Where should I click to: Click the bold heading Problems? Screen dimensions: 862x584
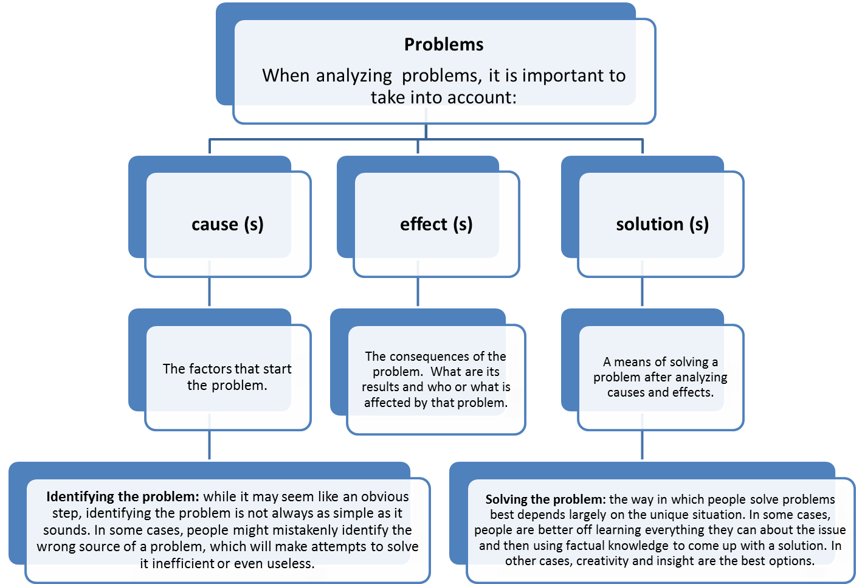pos(444,44)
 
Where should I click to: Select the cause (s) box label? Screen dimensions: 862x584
pos(227,224)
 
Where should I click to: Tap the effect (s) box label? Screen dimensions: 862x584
pos(436,224)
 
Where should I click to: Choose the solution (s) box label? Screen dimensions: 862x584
pos(662,224)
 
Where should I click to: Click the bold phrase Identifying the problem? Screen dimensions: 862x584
pos(122,496)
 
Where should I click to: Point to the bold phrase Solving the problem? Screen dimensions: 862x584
pos(545,499)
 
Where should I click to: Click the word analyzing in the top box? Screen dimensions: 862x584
pos(354,75)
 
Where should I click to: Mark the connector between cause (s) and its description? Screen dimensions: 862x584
pos(210,292)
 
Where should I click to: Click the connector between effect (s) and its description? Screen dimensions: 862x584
pos(418,292)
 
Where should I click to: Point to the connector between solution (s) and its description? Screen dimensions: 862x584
pos(643,292)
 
